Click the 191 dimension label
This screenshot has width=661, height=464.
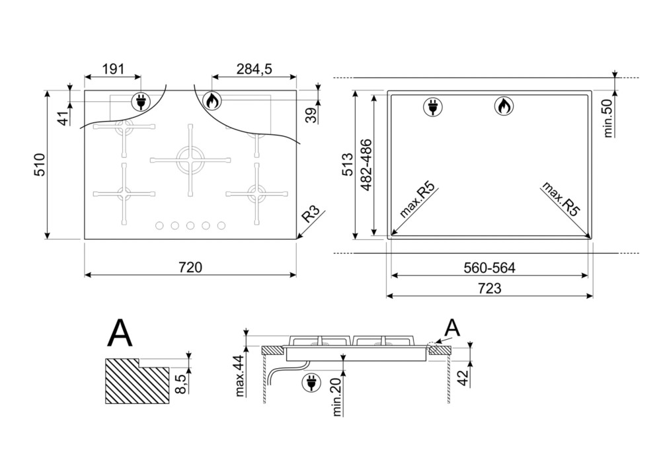(114, 69)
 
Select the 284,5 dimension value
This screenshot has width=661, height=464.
(254, 69)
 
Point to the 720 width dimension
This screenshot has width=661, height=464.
(190, 267)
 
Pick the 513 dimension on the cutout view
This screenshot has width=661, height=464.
(347, 165)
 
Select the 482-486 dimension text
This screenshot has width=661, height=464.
(366, 165)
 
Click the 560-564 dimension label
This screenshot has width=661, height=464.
(489, 268)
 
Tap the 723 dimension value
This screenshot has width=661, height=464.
(489, 288)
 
